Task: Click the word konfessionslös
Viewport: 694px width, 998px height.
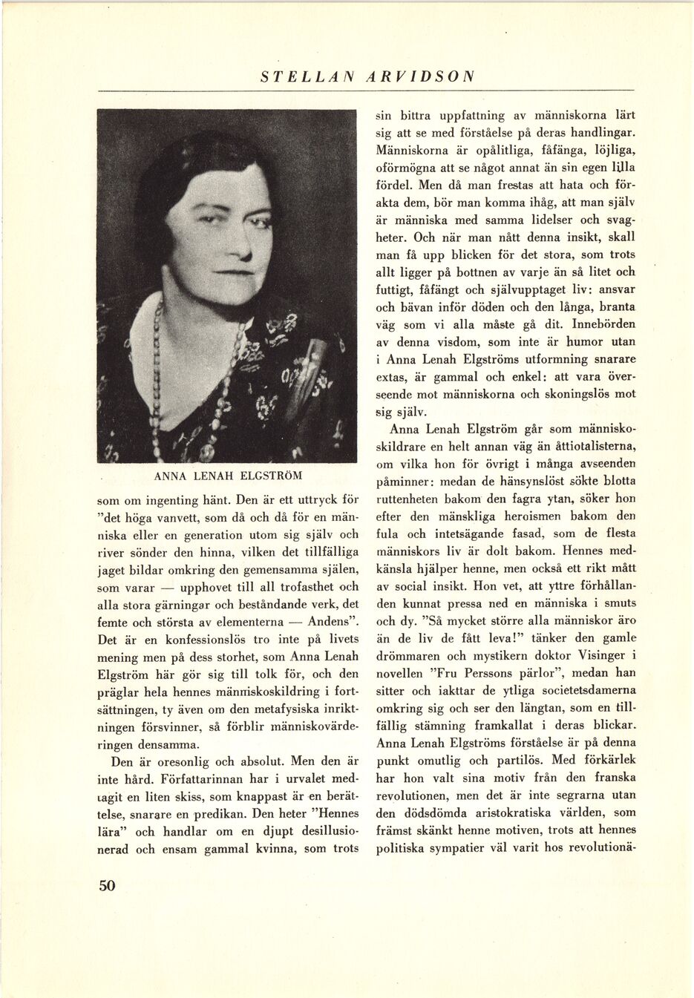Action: [186, 640]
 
